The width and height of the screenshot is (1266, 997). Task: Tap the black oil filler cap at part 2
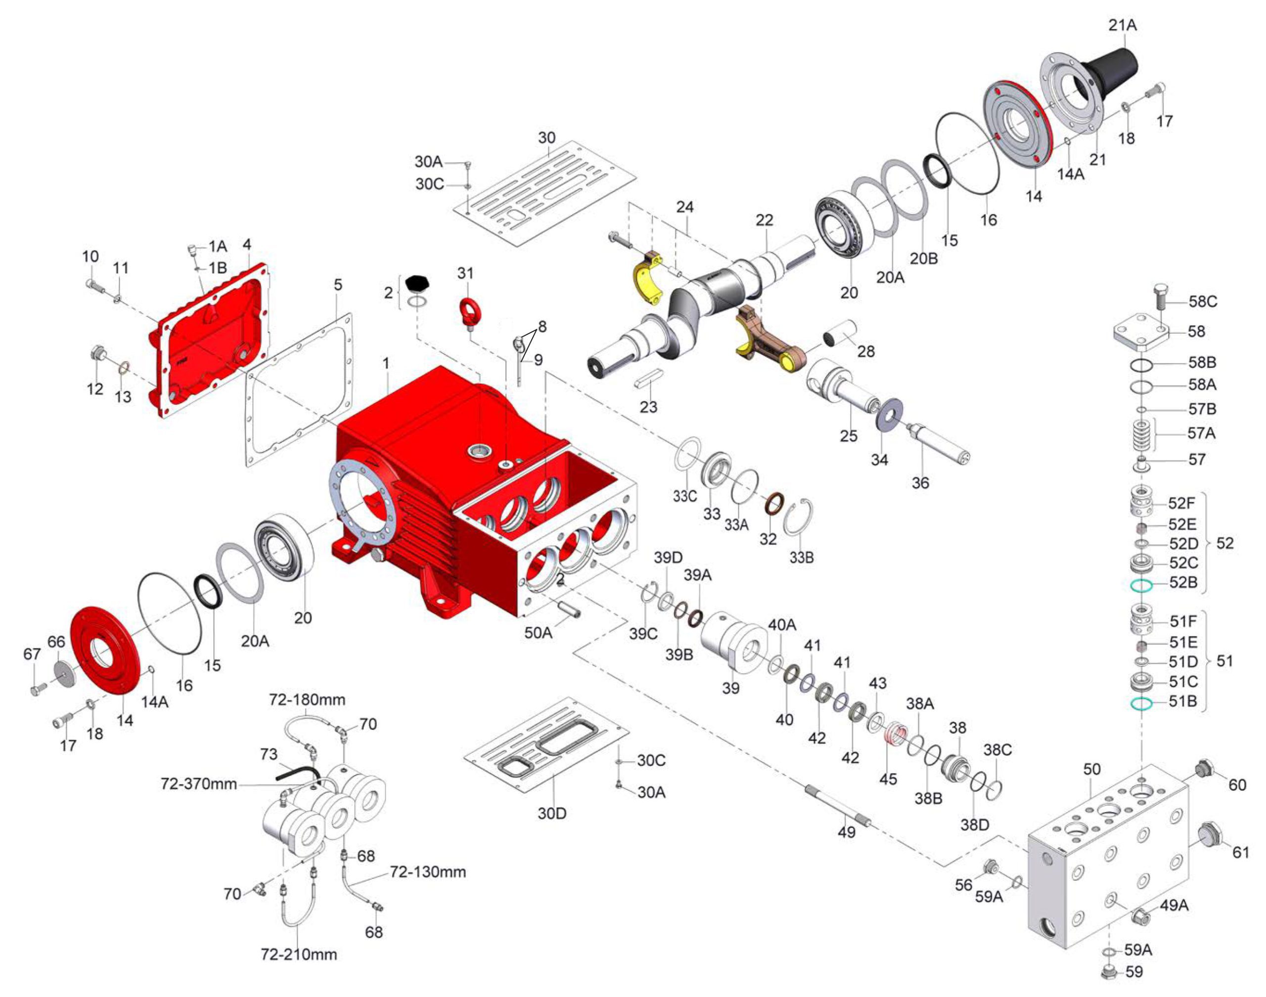click(x=418, y=284)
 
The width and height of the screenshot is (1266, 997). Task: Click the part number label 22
click(x=764, y=220)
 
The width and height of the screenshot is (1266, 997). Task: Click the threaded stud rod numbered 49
click(x=838, y=806)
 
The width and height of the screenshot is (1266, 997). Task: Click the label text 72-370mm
click(x=198, y=783)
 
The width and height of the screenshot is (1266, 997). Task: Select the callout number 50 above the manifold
click(x=1091, y=769)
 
